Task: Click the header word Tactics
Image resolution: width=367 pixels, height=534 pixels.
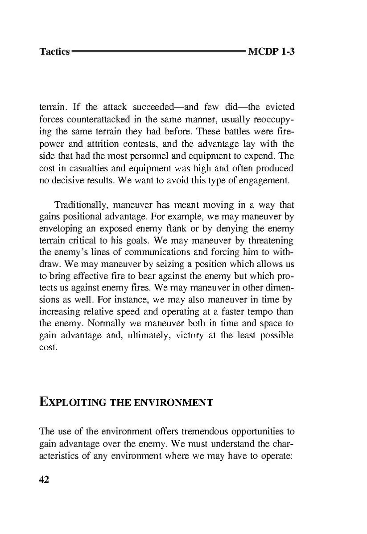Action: coord(54,52)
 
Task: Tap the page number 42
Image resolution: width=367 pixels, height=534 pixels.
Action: coord(44,480)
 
